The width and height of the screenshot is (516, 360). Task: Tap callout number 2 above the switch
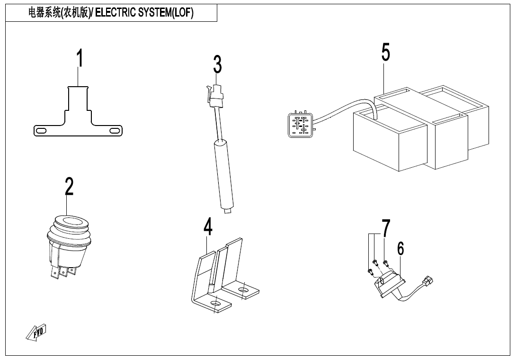click(69, 186)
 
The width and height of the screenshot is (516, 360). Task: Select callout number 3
click(217, 64)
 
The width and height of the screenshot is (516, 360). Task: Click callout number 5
click(385, 52)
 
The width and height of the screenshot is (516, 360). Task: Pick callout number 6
click(400, 248)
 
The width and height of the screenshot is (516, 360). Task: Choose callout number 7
click(386, 228)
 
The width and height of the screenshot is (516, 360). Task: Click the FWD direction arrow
click(36, 333)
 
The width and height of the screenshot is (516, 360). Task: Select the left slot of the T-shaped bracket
click(41, 131)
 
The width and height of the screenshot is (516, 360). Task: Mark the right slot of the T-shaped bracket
click(115, 131)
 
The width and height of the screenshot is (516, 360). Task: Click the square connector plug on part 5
click(301, 125)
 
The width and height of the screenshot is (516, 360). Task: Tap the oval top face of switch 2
click(70, 221)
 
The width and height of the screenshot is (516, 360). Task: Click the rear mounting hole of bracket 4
click(243, 290)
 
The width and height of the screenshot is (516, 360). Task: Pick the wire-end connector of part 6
click(428, 280)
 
